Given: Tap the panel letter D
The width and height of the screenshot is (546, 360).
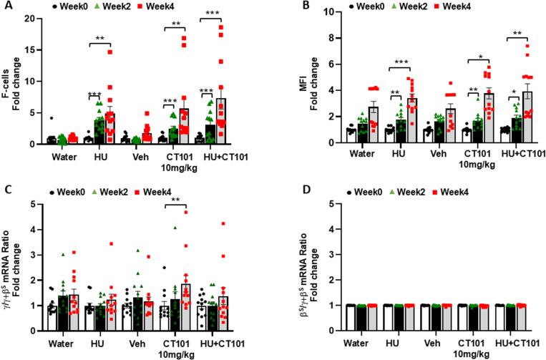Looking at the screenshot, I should coord(291,190).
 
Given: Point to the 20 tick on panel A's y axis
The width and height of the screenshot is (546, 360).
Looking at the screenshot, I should coord(34,19).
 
